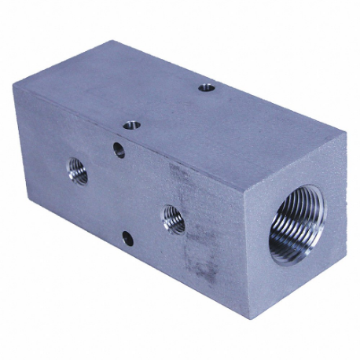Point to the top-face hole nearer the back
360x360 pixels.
207,88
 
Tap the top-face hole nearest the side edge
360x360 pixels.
132,124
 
